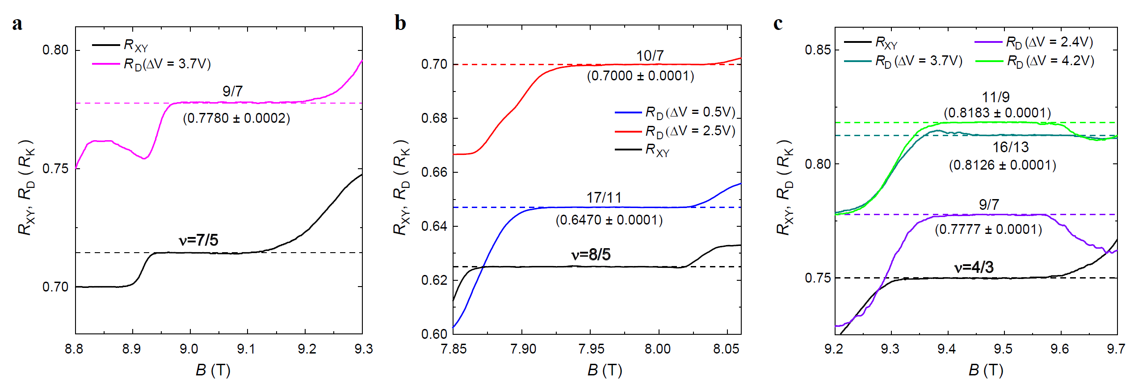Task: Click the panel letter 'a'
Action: (x=17, y=24)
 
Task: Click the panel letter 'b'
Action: (x=400, y=23)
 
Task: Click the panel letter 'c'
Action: (x=778, y=23)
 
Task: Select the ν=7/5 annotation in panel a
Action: (x=198, y=240)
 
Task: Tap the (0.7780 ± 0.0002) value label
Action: (x=236, y=118)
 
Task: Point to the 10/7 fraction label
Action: (x=650, y=56)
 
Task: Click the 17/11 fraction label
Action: (x=604, y=197)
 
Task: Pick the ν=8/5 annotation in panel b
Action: (x=591, y=255)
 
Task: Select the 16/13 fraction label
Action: (x=1010, y=147)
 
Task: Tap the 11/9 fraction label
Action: (x=995, y=97)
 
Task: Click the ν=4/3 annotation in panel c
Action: (x=974, y=267)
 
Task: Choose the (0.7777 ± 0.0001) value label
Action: (x=988, y=229)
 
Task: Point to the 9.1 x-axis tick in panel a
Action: (x=246, y=349)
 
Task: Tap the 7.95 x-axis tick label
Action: (x=591, y=349)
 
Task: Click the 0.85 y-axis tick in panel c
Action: (x=818, y=50)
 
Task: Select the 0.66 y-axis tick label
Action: (x=434, y=172)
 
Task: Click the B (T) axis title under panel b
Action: (x=604, y=370)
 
